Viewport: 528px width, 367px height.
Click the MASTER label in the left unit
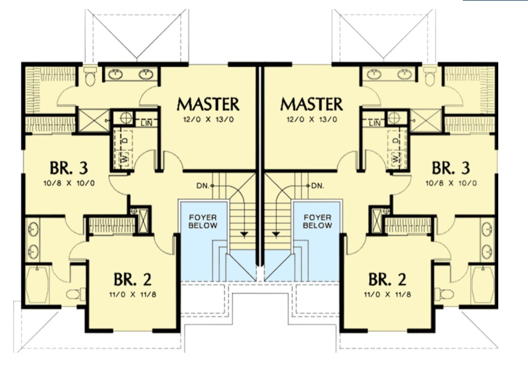[x=208, y=104]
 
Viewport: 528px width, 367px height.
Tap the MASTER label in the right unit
[x=311, y=104]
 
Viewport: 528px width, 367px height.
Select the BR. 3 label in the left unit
[x=69, y=168]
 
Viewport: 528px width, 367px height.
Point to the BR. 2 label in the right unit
[x=387, y=279]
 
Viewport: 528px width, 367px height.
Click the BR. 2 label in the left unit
[x=132, y=279]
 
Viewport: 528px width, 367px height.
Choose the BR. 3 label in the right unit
[x=450, y=168]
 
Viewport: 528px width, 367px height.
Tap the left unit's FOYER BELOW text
[x=203, y=221]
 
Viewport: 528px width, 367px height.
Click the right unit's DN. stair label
[x=317, y=186]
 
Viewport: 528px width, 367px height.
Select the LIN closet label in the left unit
[x=146, y=123]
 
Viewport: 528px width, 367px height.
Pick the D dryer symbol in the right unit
[x=396, y=140]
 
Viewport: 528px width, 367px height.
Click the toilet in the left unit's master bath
[x=90, y=76]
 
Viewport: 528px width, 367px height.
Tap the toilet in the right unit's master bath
[x=430, y=76]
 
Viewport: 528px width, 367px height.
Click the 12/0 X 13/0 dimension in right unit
[x=311, y=120]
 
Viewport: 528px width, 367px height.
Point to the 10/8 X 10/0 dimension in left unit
[x=69, y=182]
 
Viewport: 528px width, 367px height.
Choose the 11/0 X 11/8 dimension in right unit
[x=387, y=295]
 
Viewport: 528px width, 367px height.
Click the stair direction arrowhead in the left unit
[x=244, y=234]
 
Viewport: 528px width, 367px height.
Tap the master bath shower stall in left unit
[x=93, y=121]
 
